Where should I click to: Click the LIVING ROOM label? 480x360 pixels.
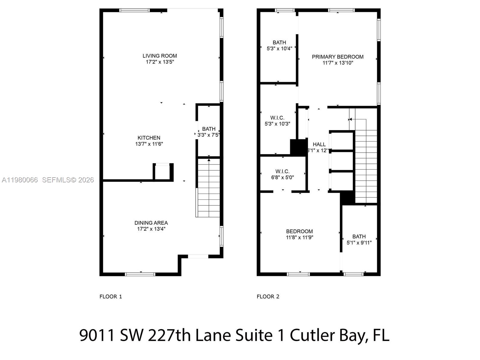160,56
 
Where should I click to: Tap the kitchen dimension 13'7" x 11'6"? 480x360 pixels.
149,144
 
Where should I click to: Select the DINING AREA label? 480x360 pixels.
151,223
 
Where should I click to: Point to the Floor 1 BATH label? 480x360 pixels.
208,129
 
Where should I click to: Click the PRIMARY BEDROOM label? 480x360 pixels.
337,57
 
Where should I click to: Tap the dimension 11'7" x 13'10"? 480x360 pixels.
338,63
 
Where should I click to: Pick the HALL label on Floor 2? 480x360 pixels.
319,144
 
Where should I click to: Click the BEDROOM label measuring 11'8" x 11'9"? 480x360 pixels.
299,231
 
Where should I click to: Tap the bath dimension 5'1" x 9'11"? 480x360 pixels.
359,243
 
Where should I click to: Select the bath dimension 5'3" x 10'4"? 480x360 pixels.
279,48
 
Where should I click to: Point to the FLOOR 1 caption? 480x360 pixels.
111,297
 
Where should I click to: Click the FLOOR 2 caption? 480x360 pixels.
268,297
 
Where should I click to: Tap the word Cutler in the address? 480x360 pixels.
312,335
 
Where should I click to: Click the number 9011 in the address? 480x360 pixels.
97,335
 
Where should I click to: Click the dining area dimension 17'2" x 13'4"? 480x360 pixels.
151,229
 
